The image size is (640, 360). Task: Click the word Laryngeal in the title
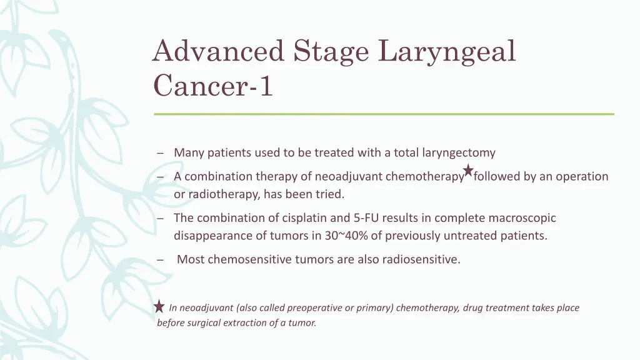pos(447,51)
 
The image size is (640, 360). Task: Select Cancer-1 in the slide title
pos(213,86)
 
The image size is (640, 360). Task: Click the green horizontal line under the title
pos(384,114)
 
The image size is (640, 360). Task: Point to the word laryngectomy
pos(459,152)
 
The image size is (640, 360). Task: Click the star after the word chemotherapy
pos(468,170)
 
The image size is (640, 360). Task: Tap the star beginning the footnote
pos(159,306)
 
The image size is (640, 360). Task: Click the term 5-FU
pos(366,218)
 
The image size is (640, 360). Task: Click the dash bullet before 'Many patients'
pos(161,153)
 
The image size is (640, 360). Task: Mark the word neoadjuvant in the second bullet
pos(349,177)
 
